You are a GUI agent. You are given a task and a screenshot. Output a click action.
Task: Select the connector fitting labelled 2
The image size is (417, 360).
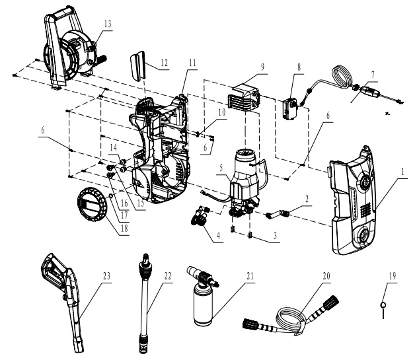tap(278, 213)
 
